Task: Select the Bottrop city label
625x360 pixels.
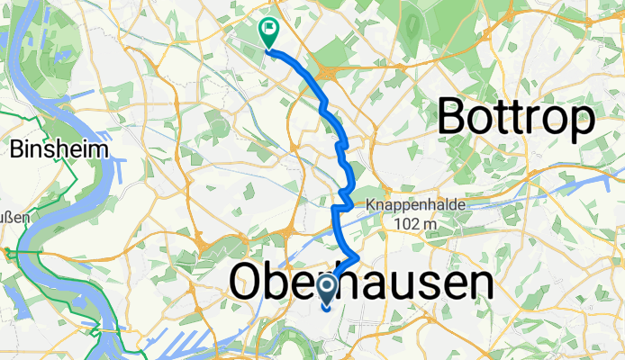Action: click(x=517, y=117)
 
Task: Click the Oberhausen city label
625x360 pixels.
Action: click(x=362, y=283)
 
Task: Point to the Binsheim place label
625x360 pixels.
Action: click(x=59, y=149)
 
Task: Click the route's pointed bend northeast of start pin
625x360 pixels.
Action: click(x=359, y=259)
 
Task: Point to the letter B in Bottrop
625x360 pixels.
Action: click(x=454, y=117)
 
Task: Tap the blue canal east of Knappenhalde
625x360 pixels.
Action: click(x=558, y=190)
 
